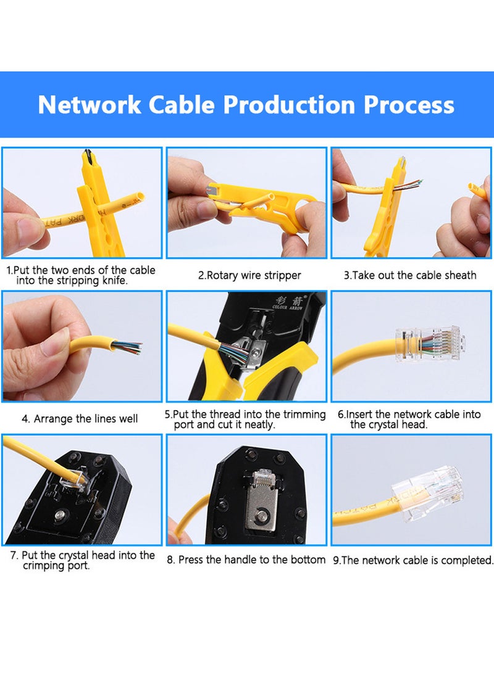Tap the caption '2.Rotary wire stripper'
249,276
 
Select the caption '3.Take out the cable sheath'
410,275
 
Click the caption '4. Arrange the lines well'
80,419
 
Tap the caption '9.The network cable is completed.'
413,561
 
